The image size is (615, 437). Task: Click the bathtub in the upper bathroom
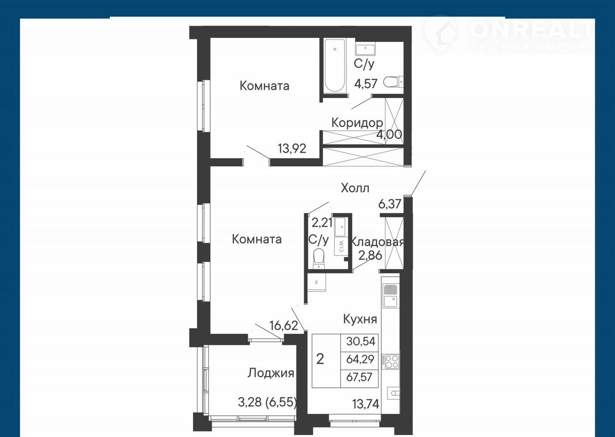[x=335, y=66]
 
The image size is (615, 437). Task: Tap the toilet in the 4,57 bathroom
[x=393, y=82]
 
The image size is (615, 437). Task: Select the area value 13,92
[x=292, y=149]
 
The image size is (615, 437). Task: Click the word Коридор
[x=357, y=123]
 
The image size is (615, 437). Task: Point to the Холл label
[x=355, y=188]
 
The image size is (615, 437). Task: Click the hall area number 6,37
[x=390, y=204]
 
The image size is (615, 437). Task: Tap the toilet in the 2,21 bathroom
[x=319, y=258]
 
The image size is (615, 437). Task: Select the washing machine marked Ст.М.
[x=341, y=247]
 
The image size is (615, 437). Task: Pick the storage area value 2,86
[x=370, y=255]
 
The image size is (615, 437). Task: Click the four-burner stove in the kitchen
[x=391, y=362]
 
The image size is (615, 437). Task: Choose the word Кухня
[x=360, y=319]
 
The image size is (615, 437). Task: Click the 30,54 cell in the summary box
[x=360, y=341]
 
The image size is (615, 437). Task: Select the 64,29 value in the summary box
[x=360, y=359]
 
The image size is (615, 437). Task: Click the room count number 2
[x=320, y=359]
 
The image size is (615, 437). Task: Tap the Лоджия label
[x=271, y=373]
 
